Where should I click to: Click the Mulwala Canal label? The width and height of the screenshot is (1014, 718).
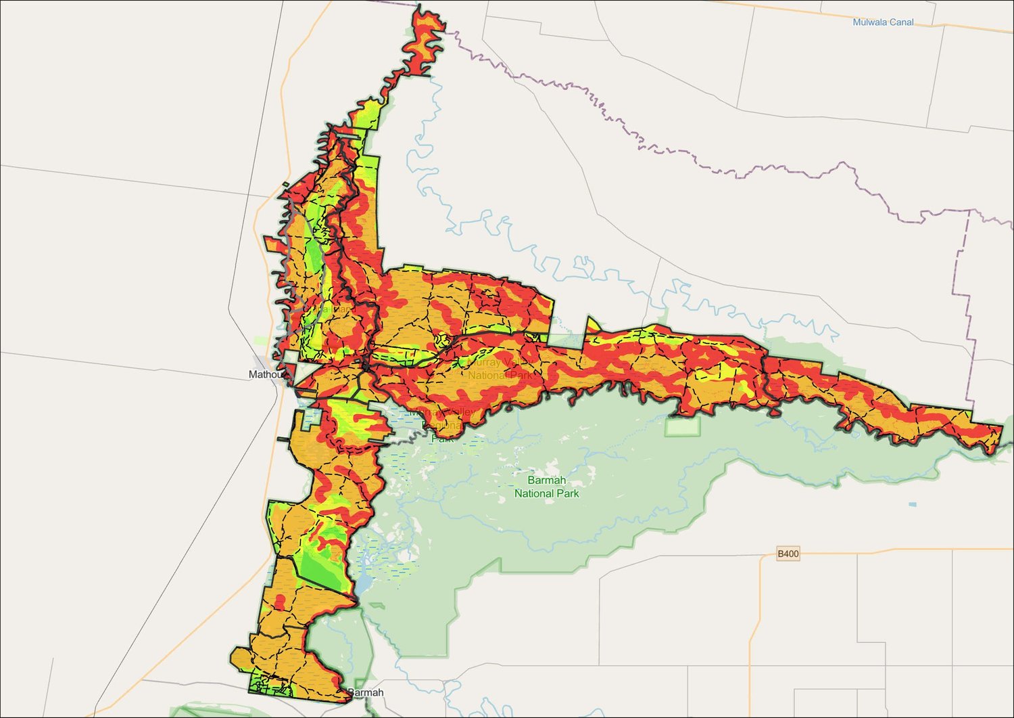[882, 22]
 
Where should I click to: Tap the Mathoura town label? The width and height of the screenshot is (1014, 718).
[264, 374]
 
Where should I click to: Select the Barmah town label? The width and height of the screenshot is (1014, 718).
[365, 692]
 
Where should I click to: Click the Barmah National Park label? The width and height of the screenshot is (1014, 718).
[546, 487]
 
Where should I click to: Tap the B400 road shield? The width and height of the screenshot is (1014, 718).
[788, 554]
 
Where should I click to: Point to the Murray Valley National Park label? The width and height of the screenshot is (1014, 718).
[500, 369]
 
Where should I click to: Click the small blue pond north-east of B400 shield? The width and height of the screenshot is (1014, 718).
[913, 505]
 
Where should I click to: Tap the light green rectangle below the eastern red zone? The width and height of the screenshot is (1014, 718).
[683, 427]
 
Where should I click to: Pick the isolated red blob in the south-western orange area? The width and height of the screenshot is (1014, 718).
[280, 601]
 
